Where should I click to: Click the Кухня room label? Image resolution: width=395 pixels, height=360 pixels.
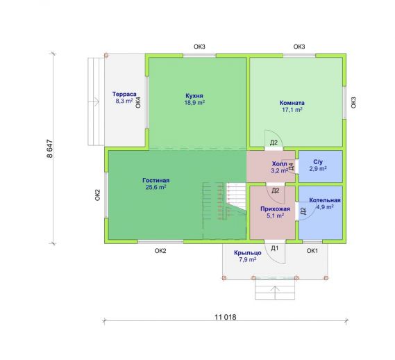194,96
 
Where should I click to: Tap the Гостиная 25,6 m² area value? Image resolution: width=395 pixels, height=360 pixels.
156,187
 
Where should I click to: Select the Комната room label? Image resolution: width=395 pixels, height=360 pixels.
292,103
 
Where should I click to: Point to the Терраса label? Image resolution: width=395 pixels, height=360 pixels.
124,94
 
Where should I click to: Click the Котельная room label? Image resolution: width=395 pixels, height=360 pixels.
325,200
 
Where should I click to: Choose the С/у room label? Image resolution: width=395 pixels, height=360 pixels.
318,162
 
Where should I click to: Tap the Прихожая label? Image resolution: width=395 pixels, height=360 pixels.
275,209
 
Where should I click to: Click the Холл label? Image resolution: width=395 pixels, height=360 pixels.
279,164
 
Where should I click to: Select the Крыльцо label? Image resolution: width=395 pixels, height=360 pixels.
248,253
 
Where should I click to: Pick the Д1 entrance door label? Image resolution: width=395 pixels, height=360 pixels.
275,249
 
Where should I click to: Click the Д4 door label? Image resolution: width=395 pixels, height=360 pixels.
292,166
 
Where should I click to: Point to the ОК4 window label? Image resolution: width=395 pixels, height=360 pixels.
138,102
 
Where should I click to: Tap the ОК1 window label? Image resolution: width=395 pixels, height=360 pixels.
312,251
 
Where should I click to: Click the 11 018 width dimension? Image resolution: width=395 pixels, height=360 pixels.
226,317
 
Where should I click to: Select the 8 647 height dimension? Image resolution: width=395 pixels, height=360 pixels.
50,149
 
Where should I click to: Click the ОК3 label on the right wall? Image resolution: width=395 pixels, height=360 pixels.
353,103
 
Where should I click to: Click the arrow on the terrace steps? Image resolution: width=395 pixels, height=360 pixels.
94,101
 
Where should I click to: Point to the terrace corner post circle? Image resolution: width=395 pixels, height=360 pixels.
106,55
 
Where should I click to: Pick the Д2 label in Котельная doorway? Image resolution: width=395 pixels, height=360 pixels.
303,211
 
